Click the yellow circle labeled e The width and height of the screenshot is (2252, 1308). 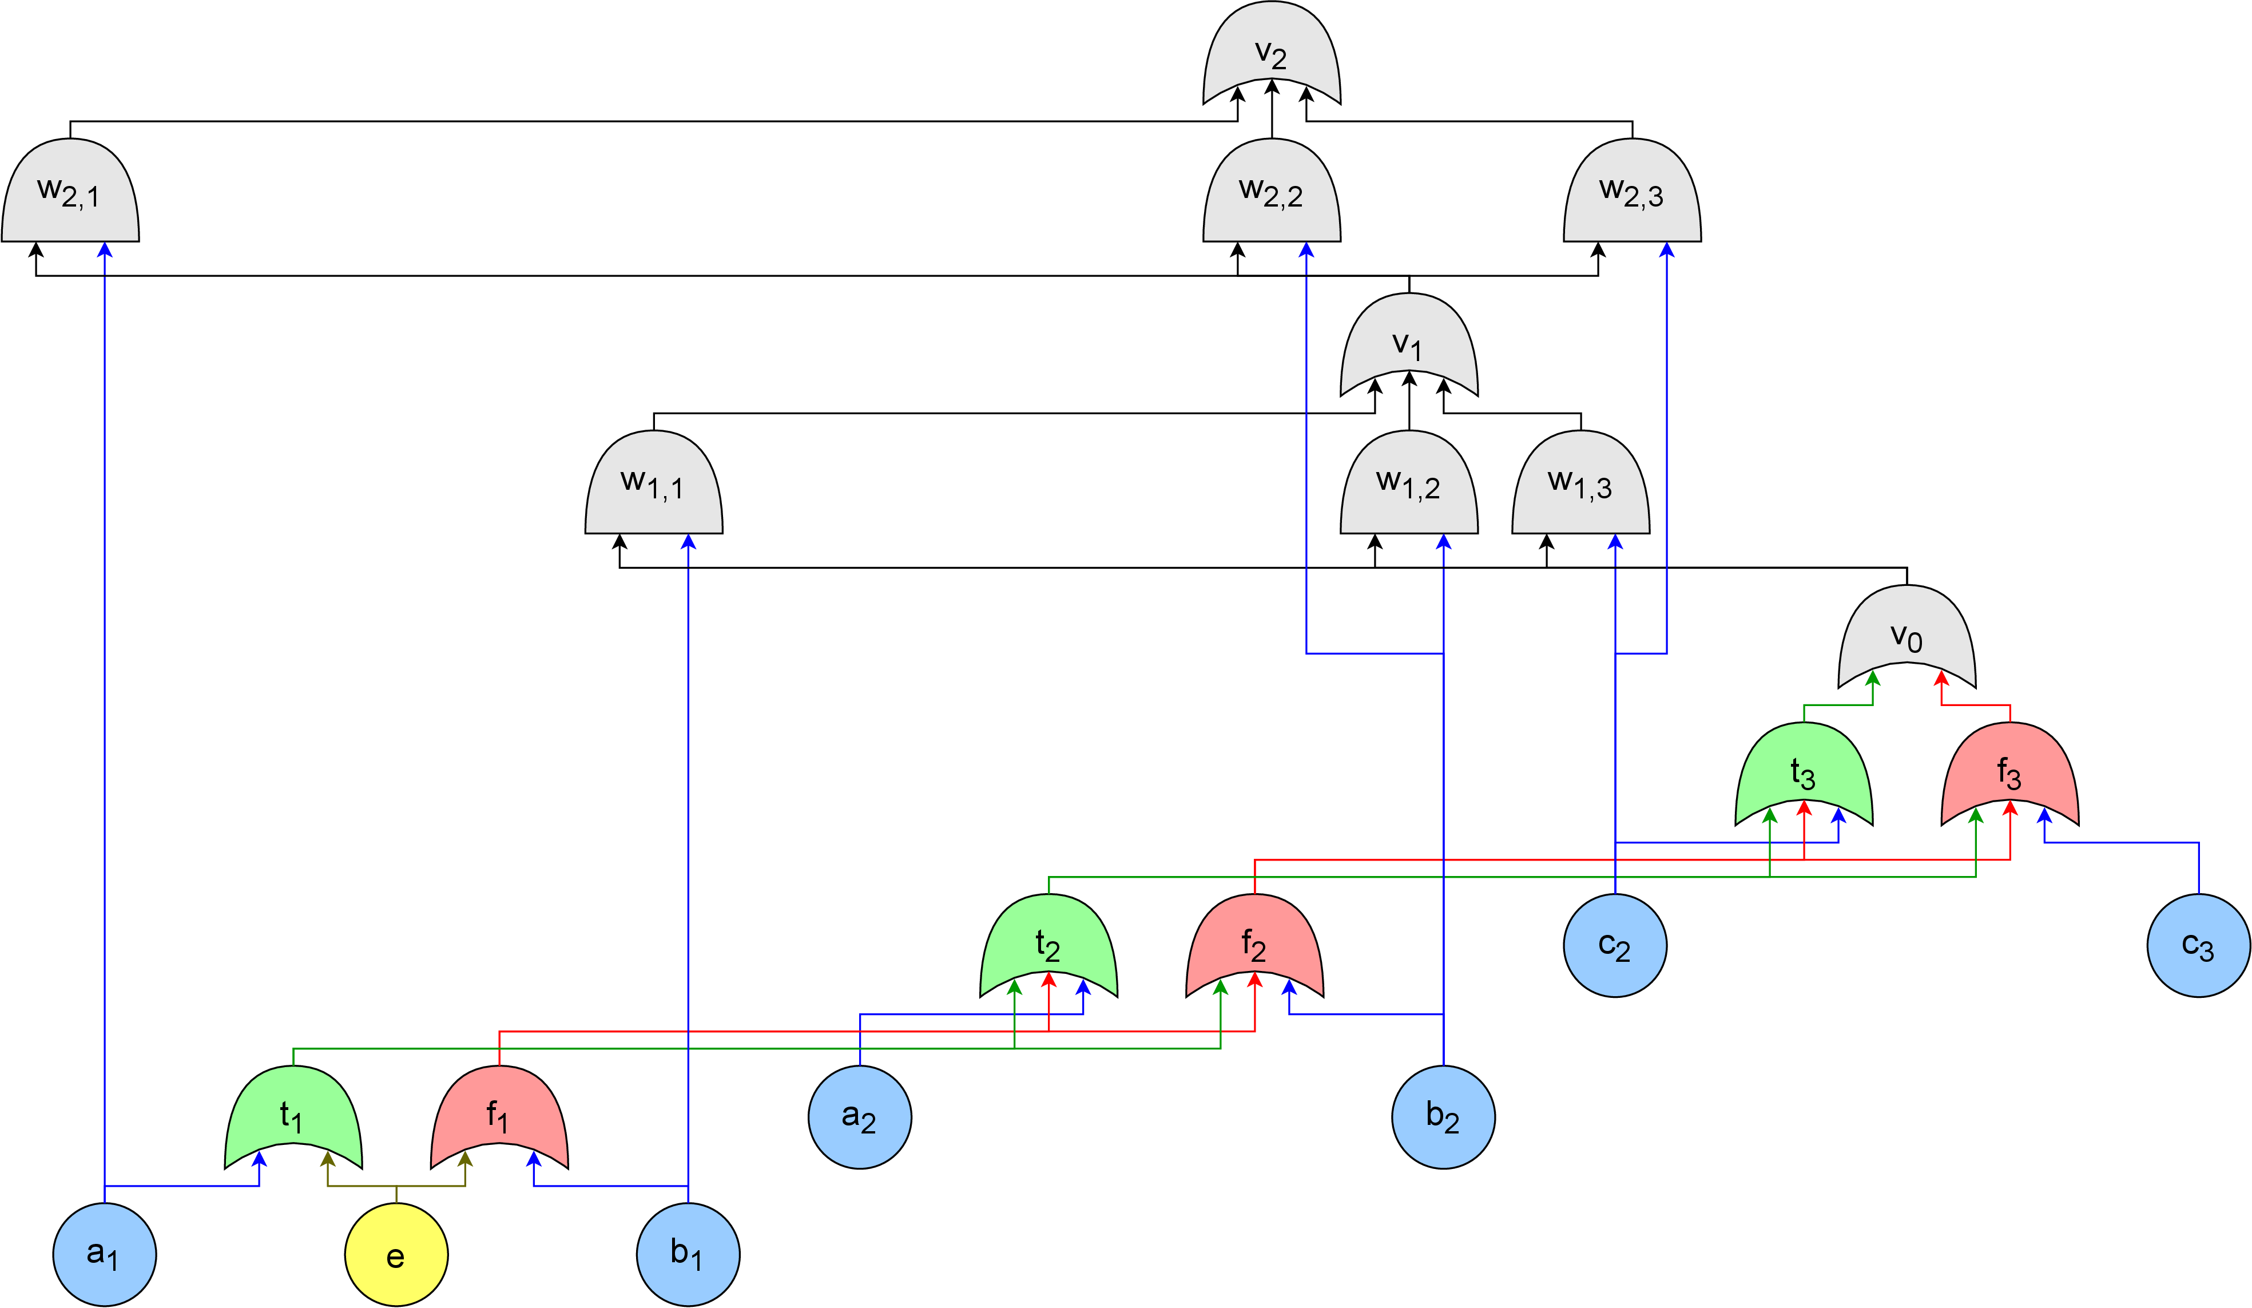coord(396,1254)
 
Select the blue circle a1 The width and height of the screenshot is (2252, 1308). coord(105,1254)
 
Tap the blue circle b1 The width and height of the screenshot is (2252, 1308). coord(688,1254)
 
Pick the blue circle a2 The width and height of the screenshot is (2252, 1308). coord(860,1117)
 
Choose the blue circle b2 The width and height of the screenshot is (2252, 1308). coord(1443,1117)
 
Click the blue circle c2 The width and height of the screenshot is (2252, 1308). coord(1615,945)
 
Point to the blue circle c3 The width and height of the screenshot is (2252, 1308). coord(2198,945)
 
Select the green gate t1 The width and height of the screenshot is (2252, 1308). coord(293,1117)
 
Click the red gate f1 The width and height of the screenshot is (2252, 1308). coord(499,1117)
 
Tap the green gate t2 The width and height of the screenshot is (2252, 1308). coord(1049,945)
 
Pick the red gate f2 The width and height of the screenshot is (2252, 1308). coord(1254,945)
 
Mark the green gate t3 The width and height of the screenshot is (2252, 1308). coord(1804,774)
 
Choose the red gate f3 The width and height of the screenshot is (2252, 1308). coord(2010,774)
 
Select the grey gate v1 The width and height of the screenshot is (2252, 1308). coord(1409,344)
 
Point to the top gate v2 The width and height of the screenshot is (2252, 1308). coord(1272,52)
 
